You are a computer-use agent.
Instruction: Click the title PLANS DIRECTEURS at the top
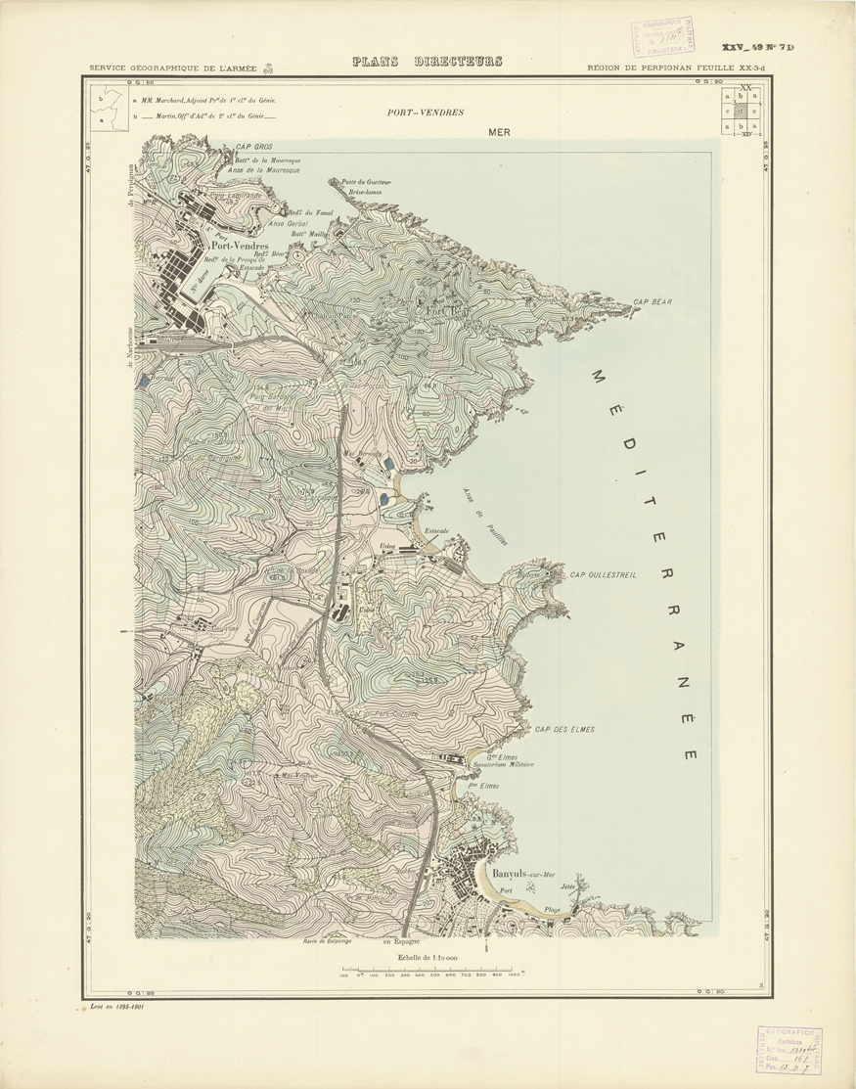[427, 62]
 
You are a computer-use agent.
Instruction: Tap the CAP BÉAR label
[653, 302]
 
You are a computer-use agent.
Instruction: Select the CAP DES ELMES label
[564, 730]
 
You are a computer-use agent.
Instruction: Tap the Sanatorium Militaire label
[503, 764]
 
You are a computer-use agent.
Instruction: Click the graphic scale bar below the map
[431, 971]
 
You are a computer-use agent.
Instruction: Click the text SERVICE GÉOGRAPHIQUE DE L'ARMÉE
[173, 68]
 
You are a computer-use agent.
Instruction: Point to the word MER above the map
[500, 132]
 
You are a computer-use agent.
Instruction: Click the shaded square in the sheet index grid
[740, 111]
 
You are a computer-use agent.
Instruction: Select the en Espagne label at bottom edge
[400, 942]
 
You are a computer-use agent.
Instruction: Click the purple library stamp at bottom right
[788, 1049]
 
